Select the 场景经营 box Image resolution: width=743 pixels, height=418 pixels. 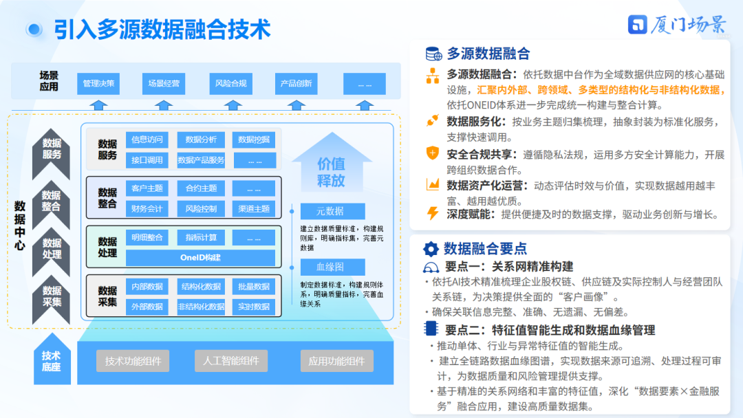tap(163, 84)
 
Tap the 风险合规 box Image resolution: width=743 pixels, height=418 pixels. tap(230, 84)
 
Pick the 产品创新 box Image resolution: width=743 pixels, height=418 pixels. tap(296, 84)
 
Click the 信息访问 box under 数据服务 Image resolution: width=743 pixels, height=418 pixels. tap(147, 140)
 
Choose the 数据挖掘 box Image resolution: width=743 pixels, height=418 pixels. tap(253, 140)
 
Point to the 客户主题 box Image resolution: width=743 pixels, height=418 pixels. tap(147, 188)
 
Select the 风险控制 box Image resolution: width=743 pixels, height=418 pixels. tap(200, 209)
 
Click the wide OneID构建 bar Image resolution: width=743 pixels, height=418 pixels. tap(200, 258)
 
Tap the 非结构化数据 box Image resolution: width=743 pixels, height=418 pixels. tap(200, 307)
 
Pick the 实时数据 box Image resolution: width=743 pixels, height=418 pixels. tap(253, 307)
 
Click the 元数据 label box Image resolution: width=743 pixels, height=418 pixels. tap(332, 212)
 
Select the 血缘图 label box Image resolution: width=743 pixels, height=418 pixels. tap(332, 267)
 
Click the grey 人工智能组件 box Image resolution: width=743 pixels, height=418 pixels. tap(230, 361)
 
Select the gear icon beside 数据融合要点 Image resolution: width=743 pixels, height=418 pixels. tap(431, 249)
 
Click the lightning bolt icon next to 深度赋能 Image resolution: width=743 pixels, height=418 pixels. tap(433, 214)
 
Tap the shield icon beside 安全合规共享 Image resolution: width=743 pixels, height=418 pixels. tap(433, 153)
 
